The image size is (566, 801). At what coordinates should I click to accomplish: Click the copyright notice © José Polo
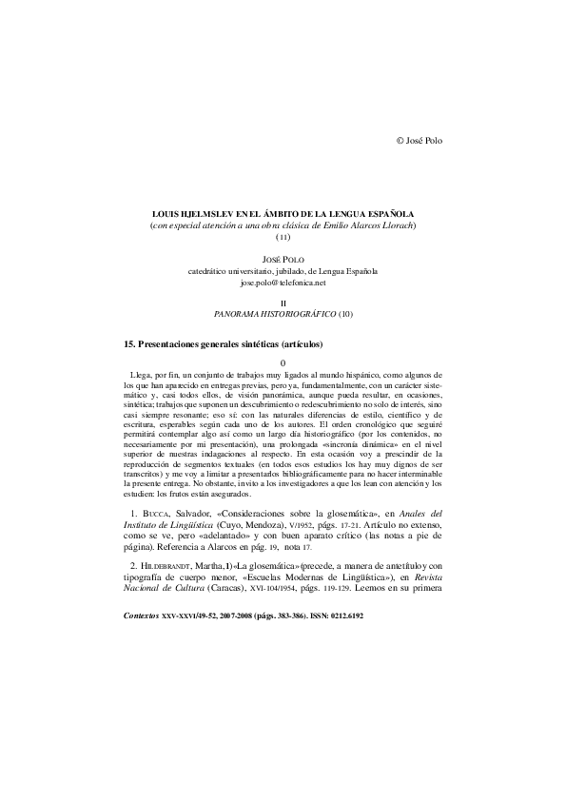419,140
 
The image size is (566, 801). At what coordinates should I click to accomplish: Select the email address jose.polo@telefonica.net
283,283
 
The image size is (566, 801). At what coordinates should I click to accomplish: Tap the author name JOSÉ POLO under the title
283,258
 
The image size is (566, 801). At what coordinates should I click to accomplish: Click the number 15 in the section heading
131,342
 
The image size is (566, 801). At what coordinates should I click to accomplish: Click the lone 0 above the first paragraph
283,362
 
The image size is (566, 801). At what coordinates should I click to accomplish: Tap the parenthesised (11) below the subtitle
283,237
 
